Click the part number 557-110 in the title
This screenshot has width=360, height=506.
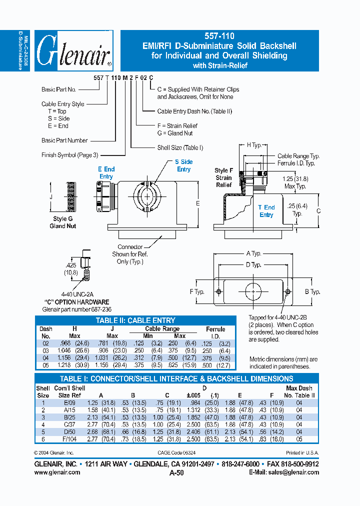(219, 36)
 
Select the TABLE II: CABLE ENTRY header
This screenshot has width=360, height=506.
(135, 320)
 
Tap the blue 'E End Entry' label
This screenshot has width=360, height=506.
(106, 173)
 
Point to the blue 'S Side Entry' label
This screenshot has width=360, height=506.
(183, 165)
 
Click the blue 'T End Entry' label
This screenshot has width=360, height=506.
(266, 211)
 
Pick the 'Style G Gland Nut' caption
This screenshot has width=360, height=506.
(63, 222)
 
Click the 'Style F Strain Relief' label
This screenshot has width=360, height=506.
(223, 177)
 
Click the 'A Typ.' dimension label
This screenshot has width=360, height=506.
(253, 253)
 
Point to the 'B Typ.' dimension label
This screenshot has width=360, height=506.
(312, 291)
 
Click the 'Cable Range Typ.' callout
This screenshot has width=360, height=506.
(298, 156)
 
